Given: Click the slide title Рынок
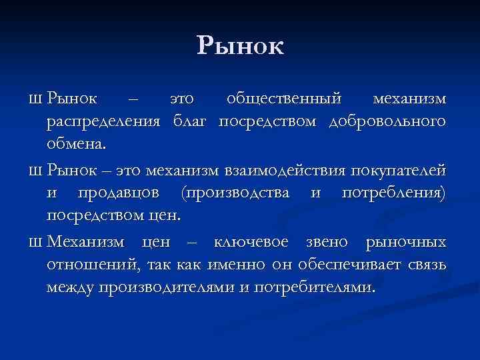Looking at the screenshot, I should (240, 46).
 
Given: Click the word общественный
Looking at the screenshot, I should (285, 99).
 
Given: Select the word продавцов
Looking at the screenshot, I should (123, 193).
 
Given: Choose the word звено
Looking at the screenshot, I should (327, 241).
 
